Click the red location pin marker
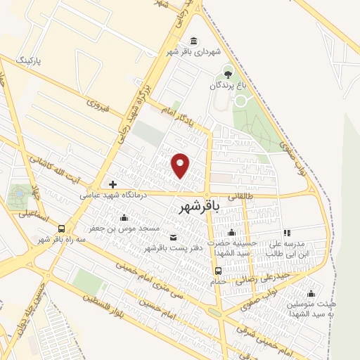point(181,165)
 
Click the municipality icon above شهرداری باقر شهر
point(193,40)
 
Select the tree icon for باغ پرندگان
point(226,72)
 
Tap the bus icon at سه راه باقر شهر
point(62,229)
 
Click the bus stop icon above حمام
point(218,271)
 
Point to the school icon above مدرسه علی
point(286,233)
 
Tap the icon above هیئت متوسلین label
point(311,292)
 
